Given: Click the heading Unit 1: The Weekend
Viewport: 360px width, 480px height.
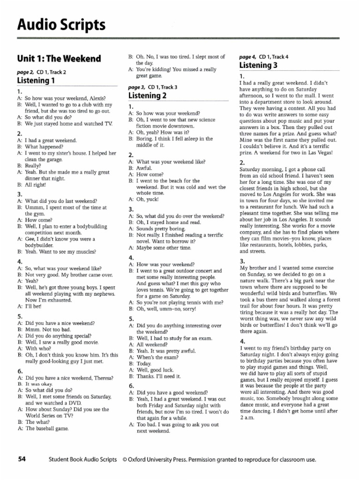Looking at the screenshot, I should (59, 59).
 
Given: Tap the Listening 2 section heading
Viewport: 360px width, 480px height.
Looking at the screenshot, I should (147, 96).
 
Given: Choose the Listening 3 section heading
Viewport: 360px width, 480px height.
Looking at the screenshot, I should (258, 65).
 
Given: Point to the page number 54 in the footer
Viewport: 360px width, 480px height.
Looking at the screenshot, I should (22, 459).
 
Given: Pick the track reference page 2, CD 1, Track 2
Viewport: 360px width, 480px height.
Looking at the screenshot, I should (41, 72).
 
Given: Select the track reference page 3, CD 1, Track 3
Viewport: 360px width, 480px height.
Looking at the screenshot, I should (153, 87).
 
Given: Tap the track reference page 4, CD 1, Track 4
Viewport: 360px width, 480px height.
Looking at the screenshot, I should (264, 57).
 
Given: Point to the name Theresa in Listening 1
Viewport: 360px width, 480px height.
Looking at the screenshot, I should (102, 377).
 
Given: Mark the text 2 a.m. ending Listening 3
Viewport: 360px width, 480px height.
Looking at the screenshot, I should (247, 418).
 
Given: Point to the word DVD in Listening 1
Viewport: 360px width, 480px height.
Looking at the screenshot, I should (75, 403).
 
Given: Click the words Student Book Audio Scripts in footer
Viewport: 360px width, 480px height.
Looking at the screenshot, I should (82, 459).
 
